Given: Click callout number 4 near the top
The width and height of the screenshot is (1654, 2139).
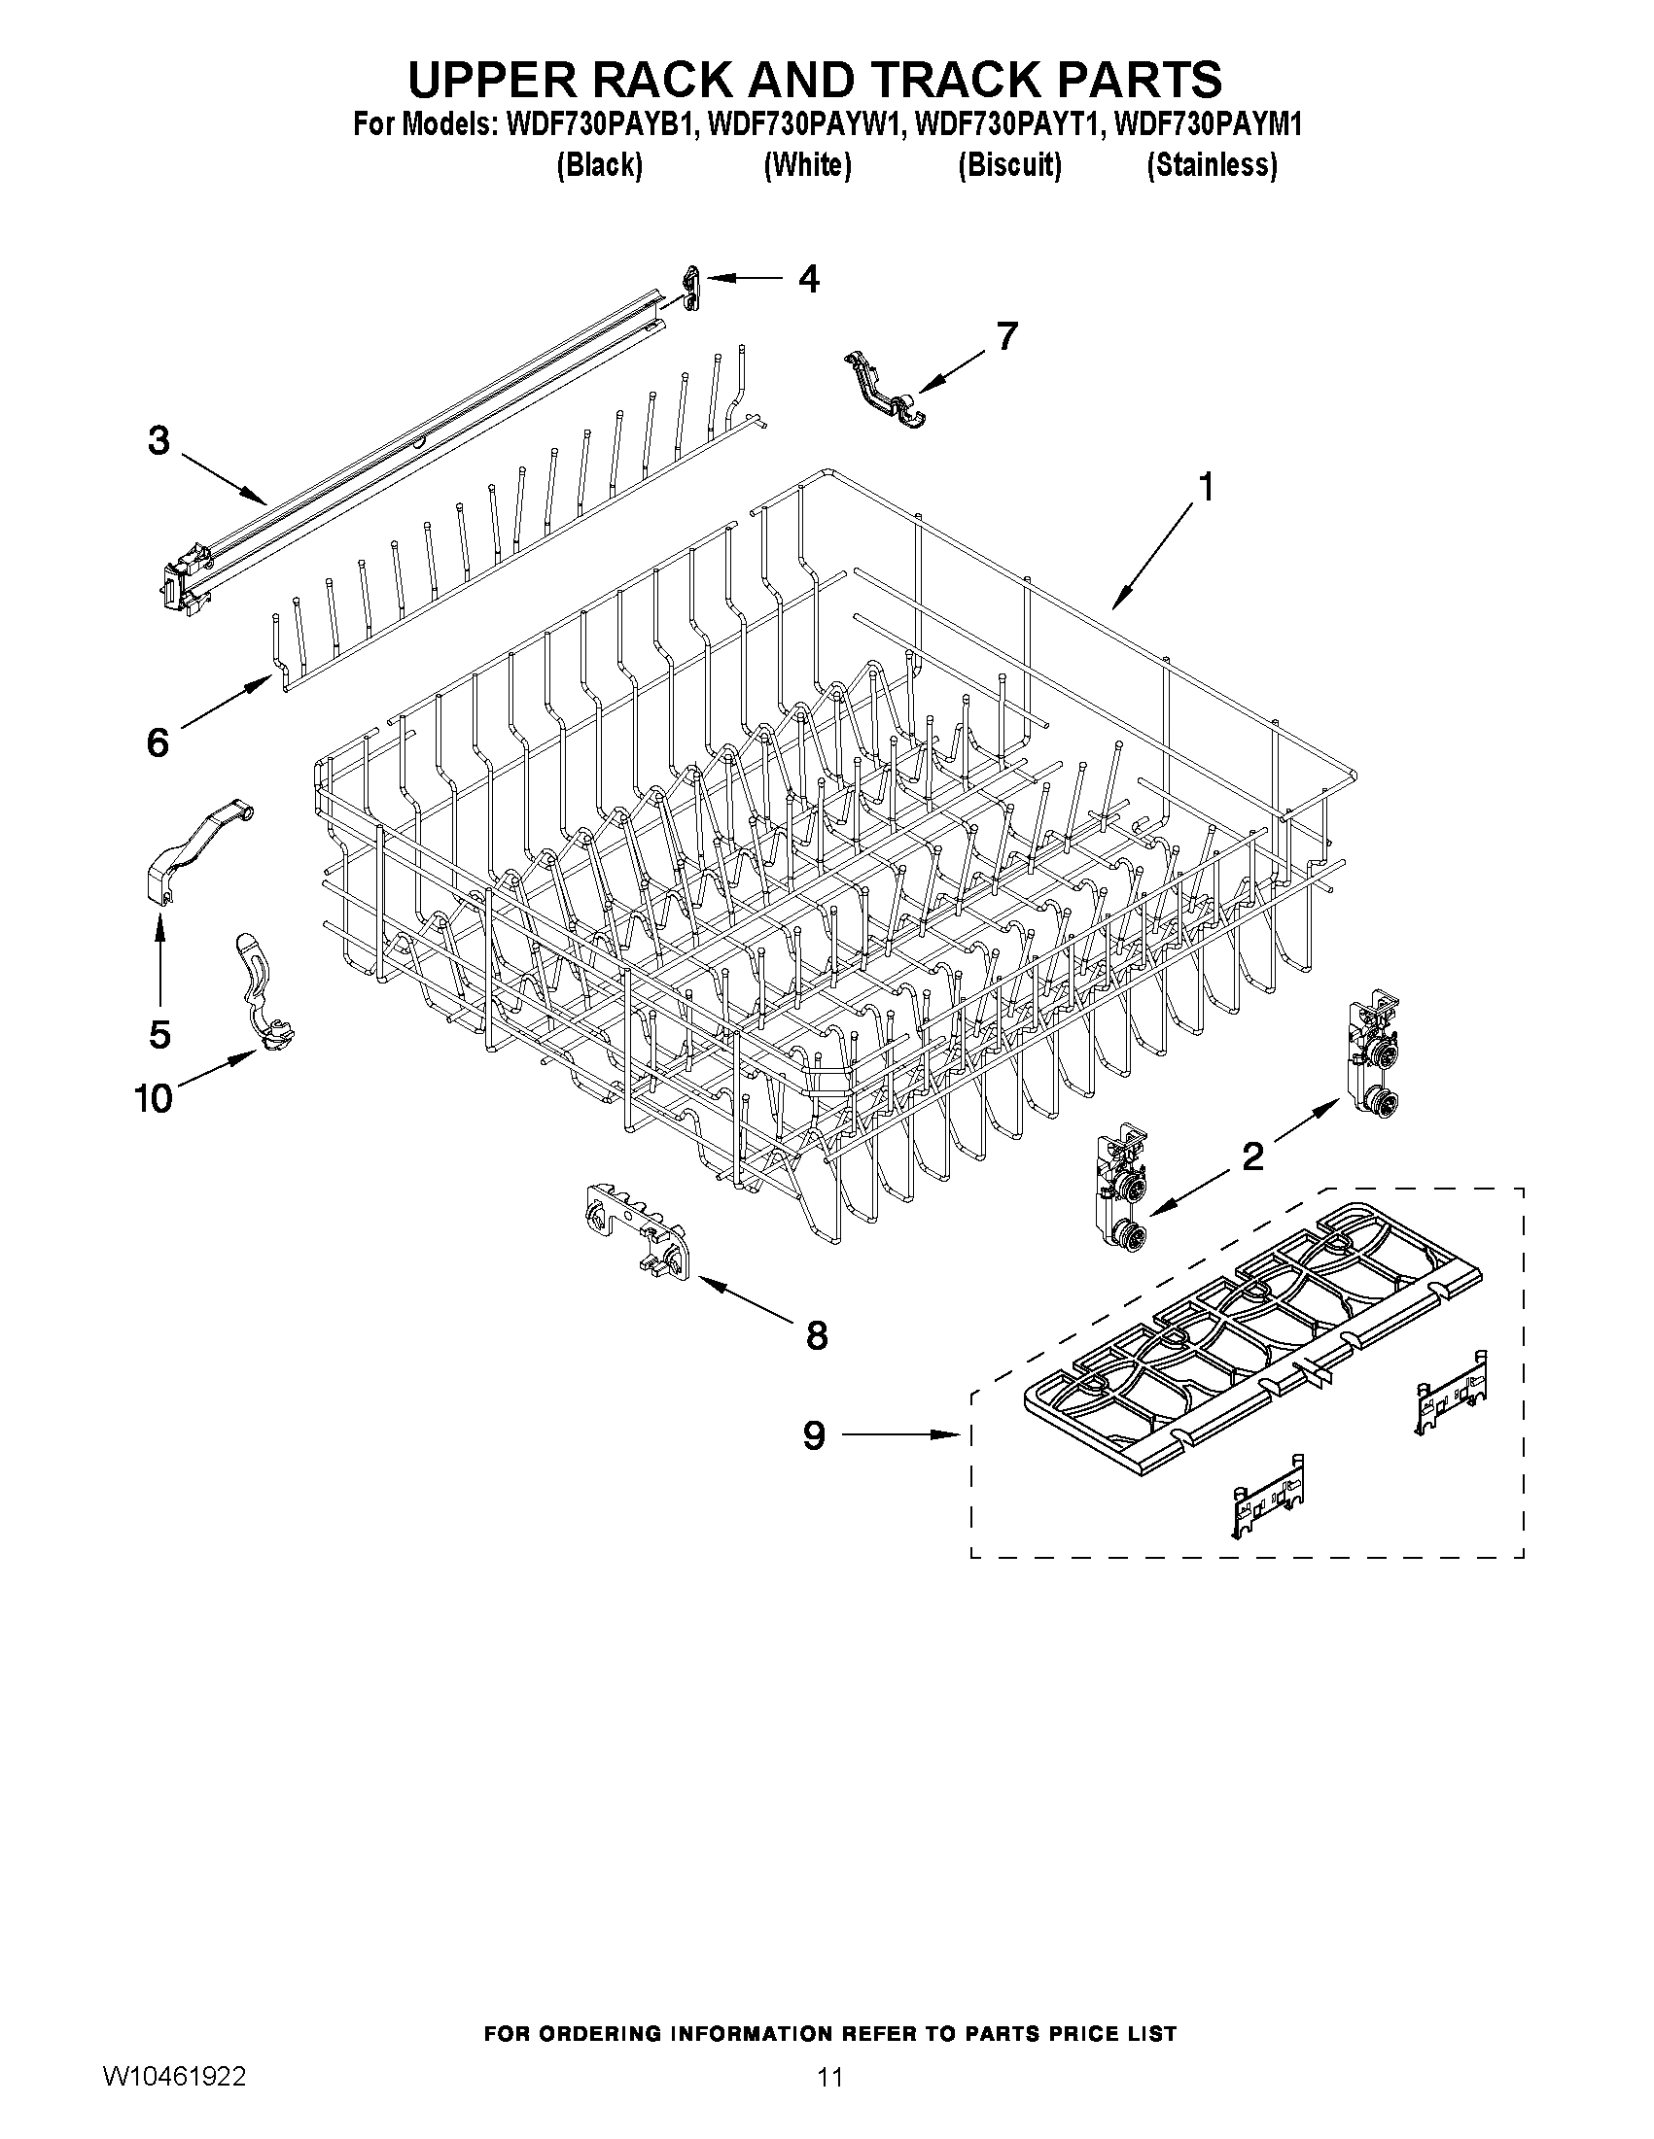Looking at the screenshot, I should pyautogui.click(x=808, y=279).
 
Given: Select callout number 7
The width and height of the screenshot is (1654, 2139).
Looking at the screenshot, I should pyautogui.click(x=1006, y=336).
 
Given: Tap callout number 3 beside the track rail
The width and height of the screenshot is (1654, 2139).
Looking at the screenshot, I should pyautogui.click(x=158, y=441).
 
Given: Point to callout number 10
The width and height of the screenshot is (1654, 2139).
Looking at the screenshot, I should pyautogui.click(x=154, y=1098).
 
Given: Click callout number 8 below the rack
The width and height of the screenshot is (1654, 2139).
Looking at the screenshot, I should pyautogui.click(x=816, y=1335).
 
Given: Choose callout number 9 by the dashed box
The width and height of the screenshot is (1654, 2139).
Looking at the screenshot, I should pyautogui.click(x=814, y=1435).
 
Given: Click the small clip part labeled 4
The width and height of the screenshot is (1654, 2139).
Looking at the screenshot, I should pyautogui.click(x=690, y=290).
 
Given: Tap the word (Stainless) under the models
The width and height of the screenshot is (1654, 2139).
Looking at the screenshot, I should pyautogui.click(x=1213, y=165).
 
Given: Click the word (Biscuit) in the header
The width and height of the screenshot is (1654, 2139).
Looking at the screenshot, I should pyautogui.click(x=1009, y=165).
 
